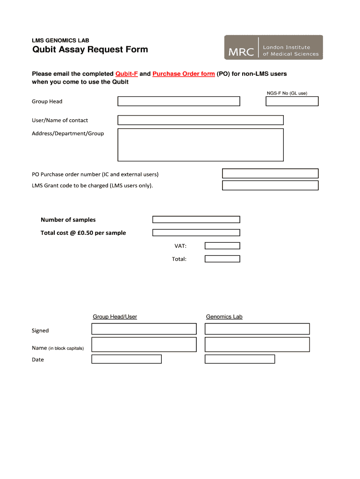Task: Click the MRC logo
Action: (x=274, y=47)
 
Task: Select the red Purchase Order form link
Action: (x=184, y=74)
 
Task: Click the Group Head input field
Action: (x=179, y=102)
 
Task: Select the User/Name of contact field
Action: (x=201, y=120)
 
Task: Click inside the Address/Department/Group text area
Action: (x=201, y=145)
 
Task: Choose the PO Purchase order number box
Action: (x=270, y=174)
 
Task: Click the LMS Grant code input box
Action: (x=270, y=186)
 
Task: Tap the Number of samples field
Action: (x=196, y=219)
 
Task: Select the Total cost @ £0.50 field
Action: (x=196, y=232)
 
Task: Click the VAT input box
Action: (x=223, y=246)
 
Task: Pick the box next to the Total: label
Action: (x=223, y=259)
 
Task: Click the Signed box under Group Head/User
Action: (x=144, y=329)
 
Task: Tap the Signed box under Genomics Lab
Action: (x=257, y=329)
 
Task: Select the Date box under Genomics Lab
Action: (x=240, y=359)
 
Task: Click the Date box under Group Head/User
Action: (x=126, y=359)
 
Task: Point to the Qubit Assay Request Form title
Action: (x=90, y=50)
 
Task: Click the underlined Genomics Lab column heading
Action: (x=224, y=317)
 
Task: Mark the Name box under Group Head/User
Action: (x=144, y=345)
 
